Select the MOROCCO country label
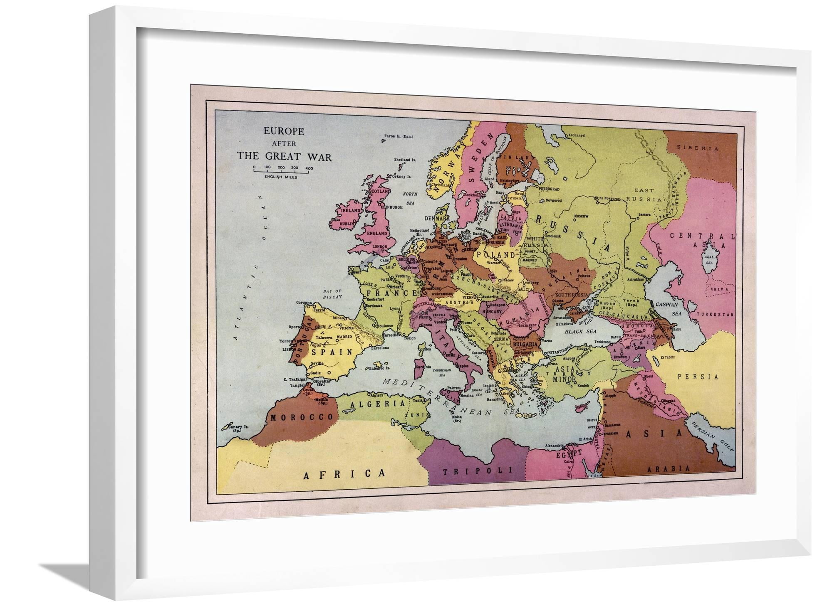302,417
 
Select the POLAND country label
496,255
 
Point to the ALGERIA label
378,404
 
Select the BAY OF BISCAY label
332,294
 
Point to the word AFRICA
344,474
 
